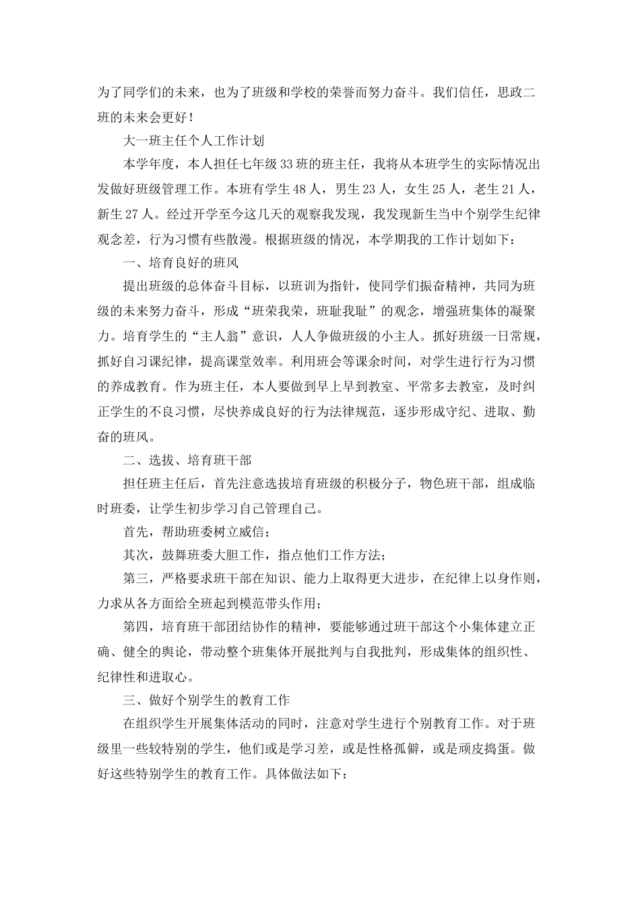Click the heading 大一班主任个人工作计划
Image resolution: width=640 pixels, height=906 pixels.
point(194,141)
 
